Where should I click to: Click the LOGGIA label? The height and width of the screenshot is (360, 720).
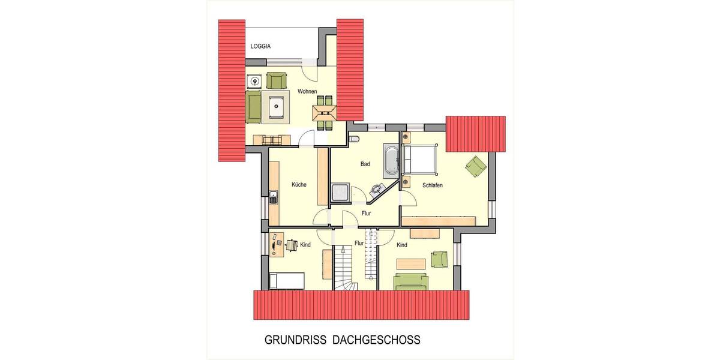click(x=260, y=46)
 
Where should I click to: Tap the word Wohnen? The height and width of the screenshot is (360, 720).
click(x=307, y=92)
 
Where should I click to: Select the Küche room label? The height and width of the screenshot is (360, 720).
click(x=299, y=185)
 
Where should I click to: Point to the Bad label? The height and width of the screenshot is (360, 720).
click(x=365, y=164)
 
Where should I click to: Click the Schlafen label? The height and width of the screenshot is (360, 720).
click(x=432, y=186)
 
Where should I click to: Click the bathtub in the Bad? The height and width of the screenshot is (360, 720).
click(x=391, y=161)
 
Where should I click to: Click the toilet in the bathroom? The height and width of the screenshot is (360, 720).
click(x=353, y=139)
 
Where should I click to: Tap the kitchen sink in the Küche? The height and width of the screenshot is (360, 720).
click(x=274, y=196)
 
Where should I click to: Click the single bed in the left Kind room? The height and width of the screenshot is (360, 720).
click(x=286, y=280)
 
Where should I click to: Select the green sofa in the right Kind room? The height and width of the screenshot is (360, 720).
click(x=411, y=281)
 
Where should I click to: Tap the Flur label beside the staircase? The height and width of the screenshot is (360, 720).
click(x=359, y=244)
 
